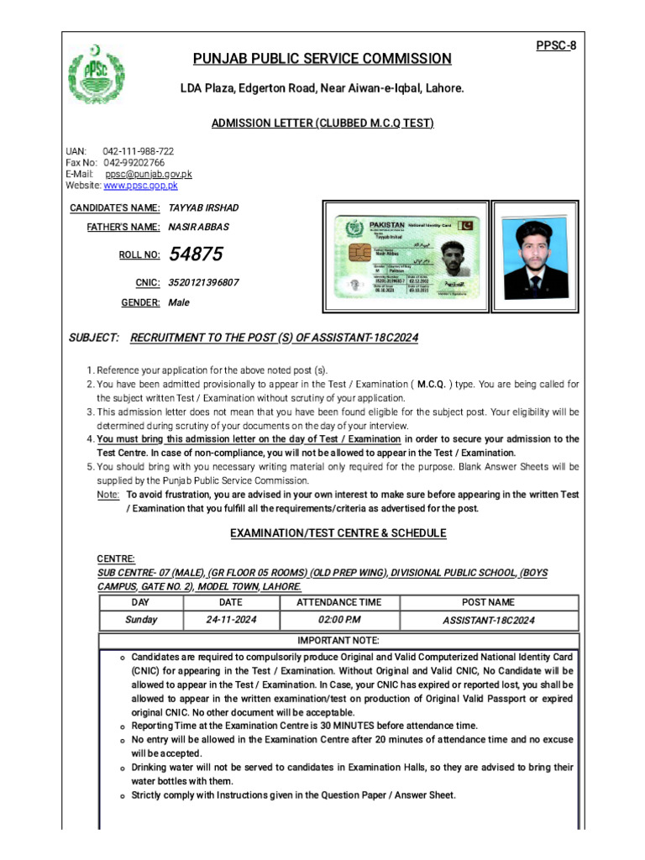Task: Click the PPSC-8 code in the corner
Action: point(556,45)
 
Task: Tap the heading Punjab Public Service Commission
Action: point(322,59)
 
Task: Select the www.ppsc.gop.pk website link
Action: point(140,186)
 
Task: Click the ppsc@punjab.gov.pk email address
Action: point(149,174)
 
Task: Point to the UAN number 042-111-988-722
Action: point(139,151)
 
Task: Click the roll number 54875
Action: point(196,254)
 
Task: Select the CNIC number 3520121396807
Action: point(203,283)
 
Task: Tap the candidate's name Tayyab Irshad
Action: point(203,207)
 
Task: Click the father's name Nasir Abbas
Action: point(198,227)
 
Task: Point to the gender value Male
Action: point(179,302)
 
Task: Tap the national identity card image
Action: point(405,256)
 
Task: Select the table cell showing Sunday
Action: point(141,620)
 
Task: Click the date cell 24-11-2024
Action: point(231,620)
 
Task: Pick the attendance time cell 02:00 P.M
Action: point(338,620)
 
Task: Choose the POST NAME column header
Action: point(489,602)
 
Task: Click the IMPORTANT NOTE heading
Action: point(338,640)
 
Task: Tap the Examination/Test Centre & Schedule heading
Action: point(338,533)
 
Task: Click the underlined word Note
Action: point(107,496)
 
